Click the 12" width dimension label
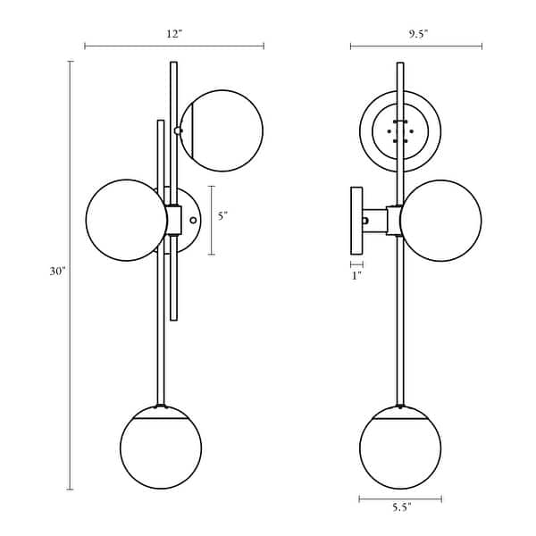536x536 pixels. (x=174, y=34)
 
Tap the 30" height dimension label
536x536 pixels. (x=58, y=271)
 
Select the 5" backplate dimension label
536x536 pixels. (x=223, y=216)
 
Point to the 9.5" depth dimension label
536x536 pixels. (x=415, y=34)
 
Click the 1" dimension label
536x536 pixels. (x=356, y=276)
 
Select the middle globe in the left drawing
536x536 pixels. (x=127, y=220)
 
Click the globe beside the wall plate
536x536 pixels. (x=440, y=220)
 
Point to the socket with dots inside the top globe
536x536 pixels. (x=400, y=131)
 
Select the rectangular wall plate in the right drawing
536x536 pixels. (x=356, y=220)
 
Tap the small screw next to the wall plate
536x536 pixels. (x=365, y=221)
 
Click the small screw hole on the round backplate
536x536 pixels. (x=193, y=220)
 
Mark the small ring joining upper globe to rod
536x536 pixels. (x=178, y=130)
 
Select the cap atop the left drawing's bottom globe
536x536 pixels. (x=161, y=413)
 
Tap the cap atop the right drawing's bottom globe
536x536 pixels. (x=400, y=413)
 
